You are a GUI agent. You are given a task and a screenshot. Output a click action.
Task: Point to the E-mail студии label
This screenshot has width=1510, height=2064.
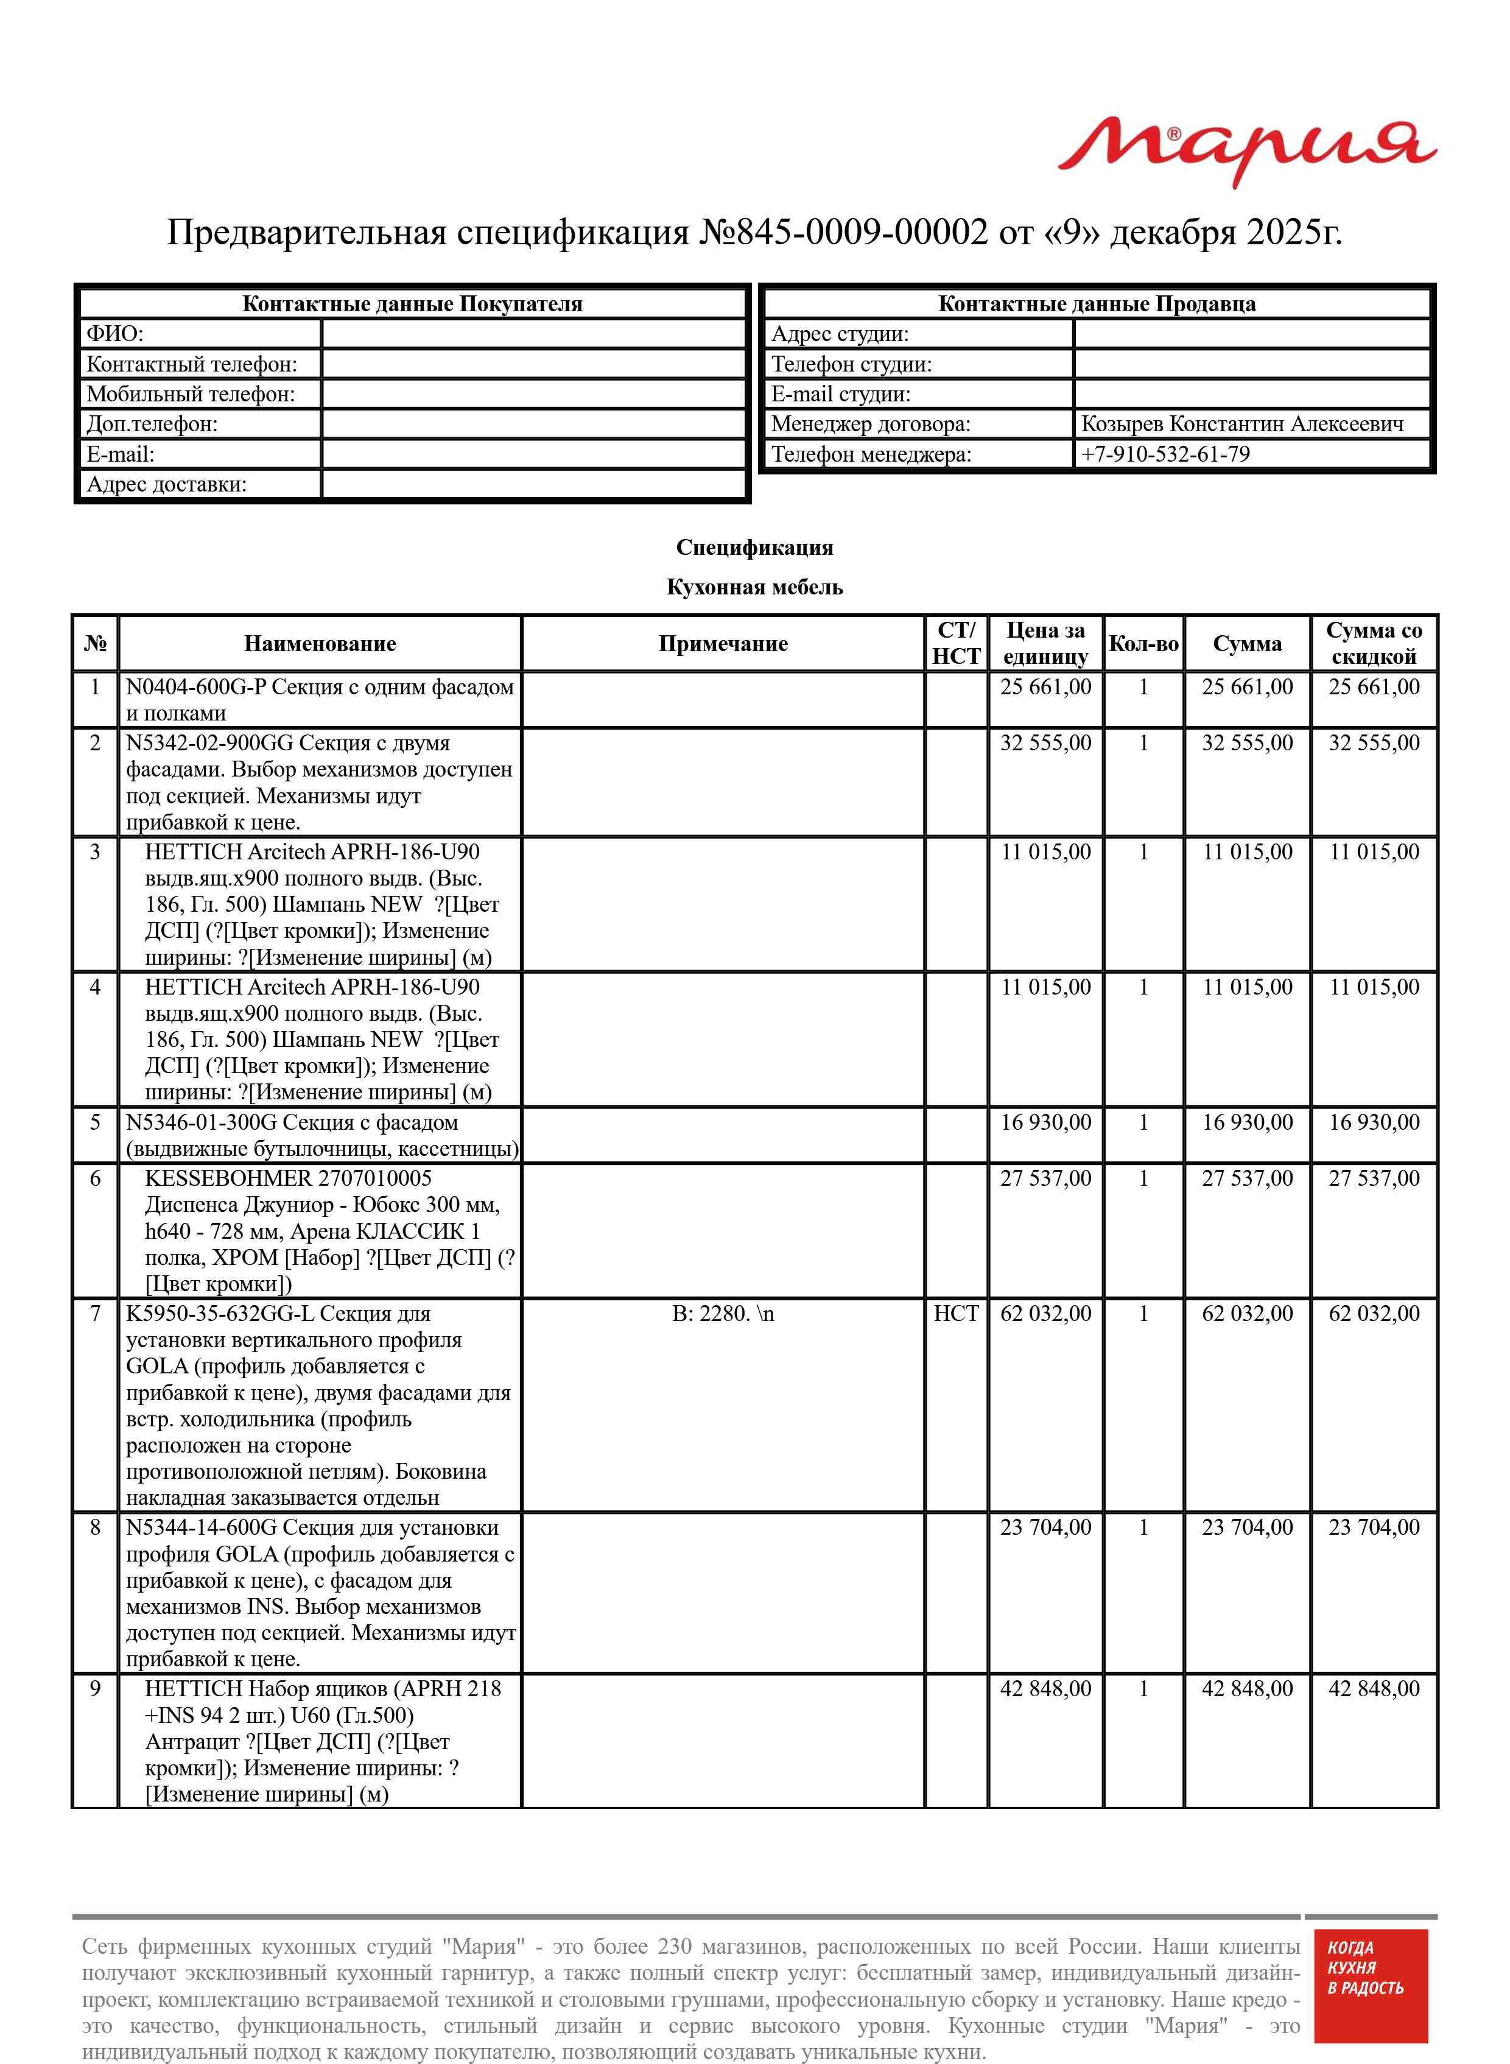pos(841,394)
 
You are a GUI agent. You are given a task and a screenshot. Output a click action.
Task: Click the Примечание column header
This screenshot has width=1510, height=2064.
pos(722,644)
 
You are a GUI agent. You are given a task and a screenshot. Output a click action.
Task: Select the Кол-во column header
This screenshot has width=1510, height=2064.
pos(1143,644)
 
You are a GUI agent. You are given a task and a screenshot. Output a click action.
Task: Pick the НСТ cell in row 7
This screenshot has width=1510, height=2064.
pos(955,1314)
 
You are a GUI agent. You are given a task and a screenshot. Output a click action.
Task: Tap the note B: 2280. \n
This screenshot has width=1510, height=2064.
pos(722,1314)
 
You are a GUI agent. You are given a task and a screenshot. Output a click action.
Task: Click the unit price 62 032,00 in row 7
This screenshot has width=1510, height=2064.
pos(1045,1314)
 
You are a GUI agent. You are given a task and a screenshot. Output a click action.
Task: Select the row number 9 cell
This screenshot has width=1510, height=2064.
pos(95,1688)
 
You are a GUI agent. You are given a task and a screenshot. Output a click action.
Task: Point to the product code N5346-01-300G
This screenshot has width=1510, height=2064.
pos(200,1122)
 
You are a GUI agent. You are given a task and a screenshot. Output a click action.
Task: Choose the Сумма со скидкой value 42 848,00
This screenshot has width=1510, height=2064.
pos(1374,1688)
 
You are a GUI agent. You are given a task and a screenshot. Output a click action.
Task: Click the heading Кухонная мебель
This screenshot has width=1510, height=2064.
pos(754,587)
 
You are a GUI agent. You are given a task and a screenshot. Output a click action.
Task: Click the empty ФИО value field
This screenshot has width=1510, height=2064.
pos(534,334)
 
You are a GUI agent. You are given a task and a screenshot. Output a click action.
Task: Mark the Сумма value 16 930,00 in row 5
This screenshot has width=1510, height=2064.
pos(1247,1122)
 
